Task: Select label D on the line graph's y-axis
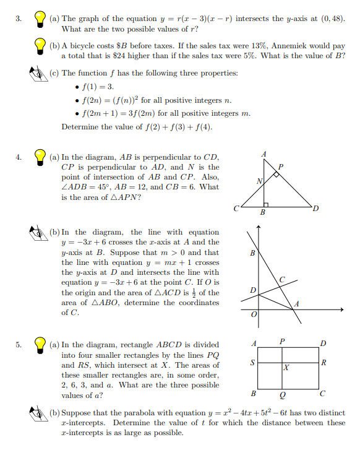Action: click(252, 290)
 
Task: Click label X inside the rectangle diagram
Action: click(286, 368)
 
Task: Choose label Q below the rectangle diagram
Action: click(282, 394)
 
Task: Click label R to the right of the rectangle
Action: click(324, 363)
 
